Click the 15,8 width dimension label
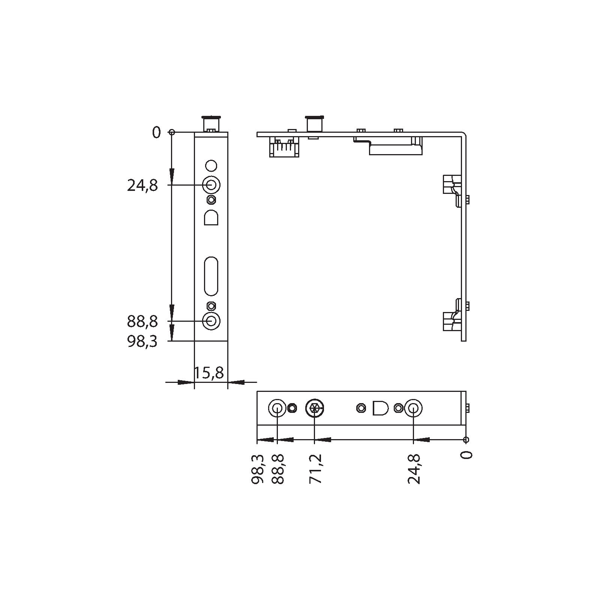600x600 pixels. click(209, 373)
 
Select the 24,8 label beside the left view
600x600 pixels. click(142, 185)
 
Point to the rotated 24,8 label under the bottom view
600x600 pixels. click(414, 469)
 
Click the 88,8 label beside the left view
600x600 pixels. click(142, 322)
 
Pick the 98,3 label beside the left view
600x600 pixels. click(142, 342)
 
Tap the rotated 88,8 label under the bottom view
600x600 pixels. click(278, 469)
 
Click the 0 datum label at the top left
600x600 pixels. click(156, 132)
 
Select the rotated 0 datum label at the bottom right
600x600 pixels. click(466, 454)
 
